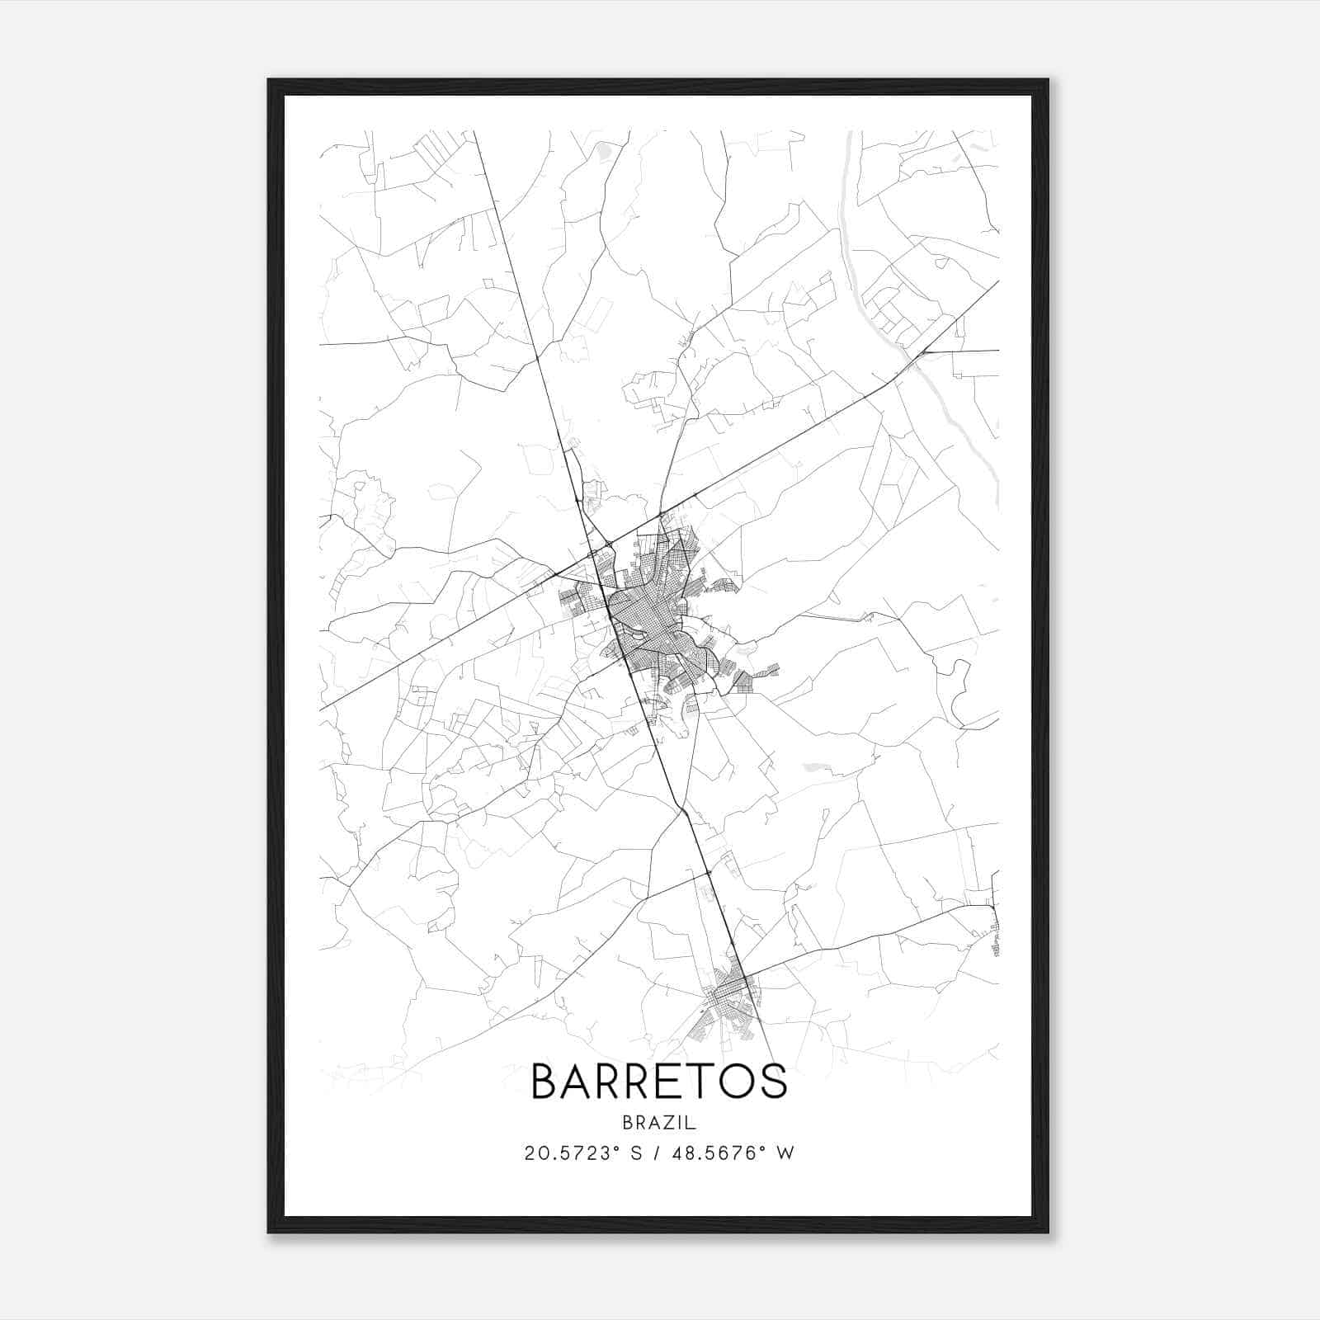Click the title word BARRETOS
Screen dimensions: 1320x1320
[659, 1082]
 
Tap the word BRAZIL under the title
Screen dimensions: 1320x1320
[659, 1122]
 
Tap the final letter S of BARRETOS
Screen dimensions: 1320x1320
[774, 1082]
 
